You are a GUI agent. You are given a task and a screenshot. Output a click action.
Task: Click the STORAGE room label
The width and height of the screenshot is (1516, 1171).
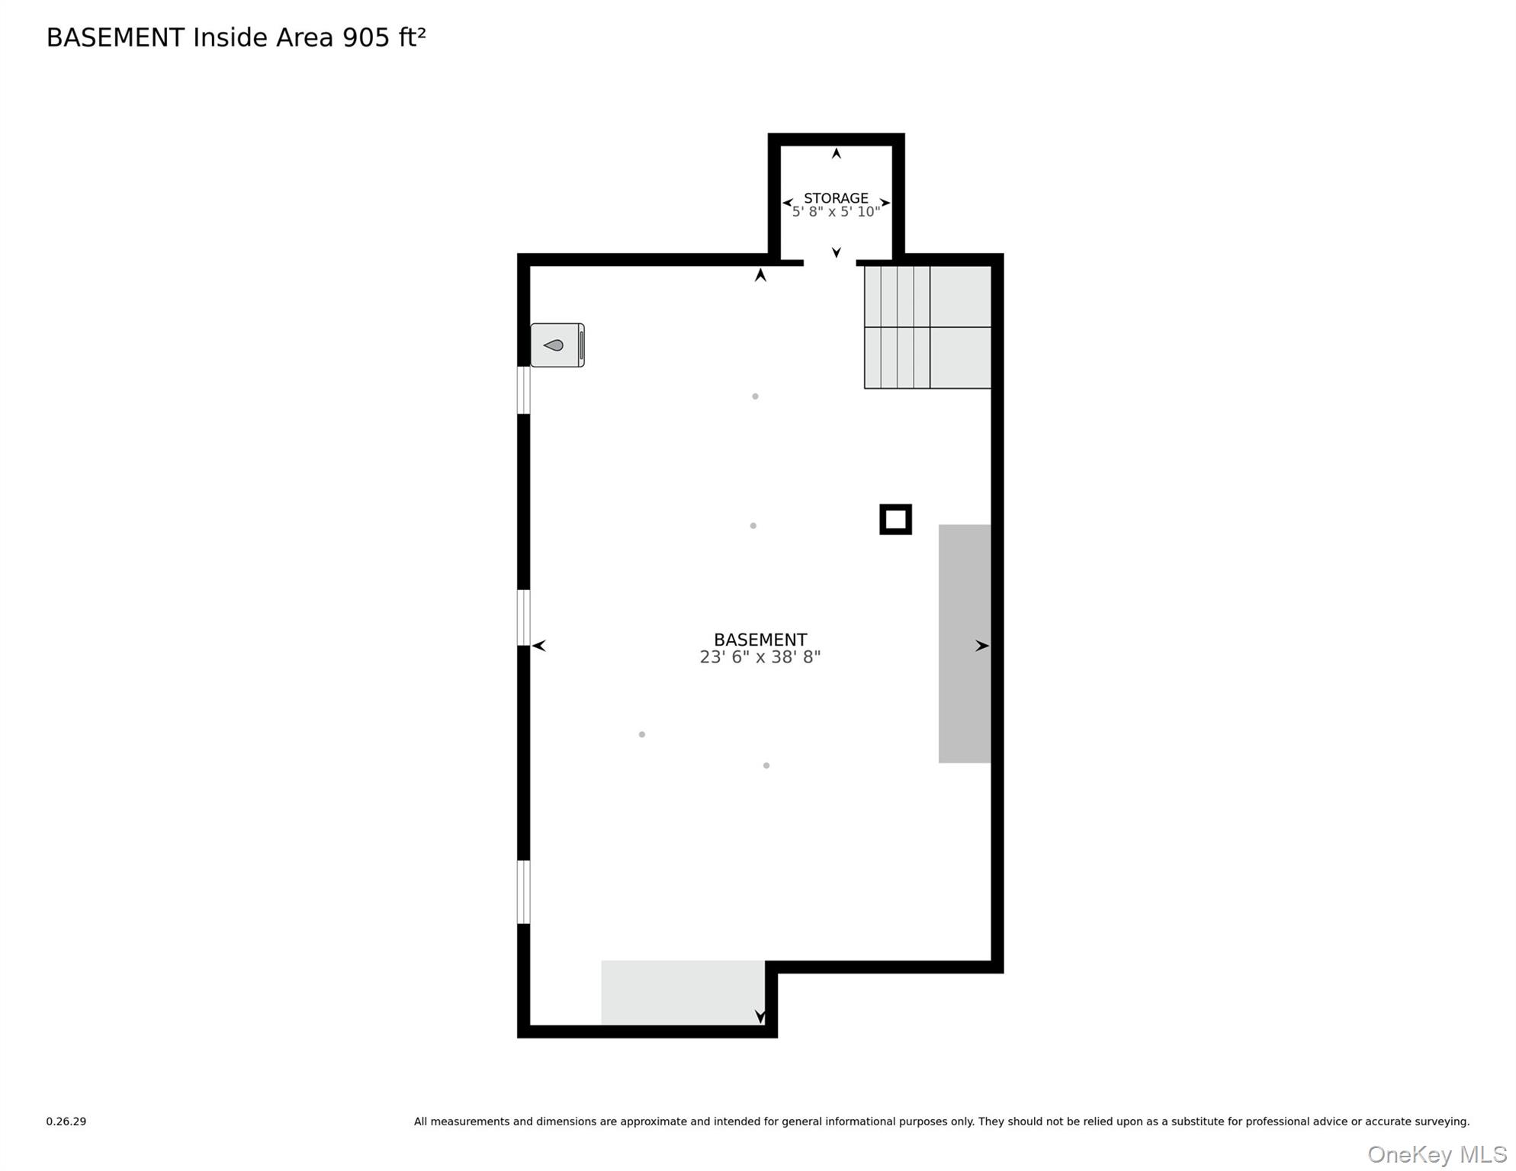tap(836, 198)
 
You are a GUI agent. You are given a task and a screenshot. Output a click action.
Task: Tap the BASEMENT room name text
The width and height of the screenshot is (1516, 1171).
tap(760, 640)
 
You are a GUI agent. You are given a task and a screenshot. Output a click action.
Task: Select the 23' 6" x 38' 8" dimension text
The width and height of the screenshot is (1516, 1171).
tap(760, 657)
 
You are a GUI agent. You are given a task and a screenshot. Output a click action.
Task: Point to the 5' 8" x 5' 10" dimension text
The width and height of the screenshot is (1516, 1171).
tap(836, 212)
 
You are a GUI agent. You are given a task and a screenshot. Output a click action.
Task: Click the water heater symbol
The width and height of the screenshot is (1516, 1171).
tap(557, 345)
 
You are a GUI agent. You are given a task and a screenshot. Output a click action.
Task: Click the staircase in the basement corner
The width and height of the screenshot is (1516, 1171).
tap(927, 327)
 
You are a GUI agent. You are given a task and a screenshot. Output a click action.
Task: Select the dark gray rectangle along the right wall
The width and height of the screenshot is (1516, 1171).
tap(965, 643)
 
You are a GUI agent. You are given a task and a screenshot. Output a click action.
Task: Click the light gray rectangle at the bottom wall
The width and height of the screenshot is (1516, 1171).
tap(683, 993)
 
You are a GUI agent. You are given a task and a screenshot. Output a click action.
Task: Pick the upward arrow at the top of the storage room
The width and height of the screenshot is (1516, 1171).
tap(837, 153)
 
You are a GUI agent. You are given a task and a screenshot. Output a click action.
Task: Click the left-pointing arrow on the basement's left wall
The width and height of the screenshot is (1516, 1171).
tap(539, 646)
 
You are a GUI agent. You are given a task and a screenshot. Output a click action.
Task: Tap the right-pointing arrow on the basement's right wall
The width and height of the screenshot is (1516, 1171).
tap(982, 646)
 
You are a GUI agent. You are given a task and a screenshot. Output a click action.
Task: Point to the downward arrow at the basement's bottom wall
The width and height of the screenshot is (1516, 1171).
tap(760, 1017)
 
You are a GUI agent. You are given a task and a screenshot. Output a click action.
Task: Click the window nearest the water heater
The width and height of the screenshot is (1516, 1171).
tap(524, 390)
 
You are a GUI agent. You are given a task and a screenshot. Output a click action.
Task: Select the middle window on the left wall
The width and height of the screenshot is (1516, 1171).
tap(524, 618)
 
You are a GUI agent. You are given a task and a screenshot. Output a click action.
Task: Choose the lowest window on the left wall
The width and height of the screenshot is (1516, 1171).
tap(524, 892)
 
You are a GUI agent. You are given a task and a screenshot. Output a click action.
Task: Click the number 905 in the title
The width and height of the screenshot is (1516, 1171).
tap(366, 37)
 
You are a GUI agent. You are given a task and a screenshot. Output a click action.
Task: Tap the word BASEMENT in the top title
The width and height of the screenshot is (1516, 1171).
tap(115, 37)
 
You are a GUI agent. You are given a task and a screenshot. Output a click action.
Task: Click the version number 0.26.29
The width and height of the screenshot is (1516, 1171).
tap(66, 1121)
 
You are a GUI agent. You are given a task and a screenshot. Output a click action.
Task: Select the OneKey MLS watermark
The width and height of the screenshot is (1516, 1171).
tap(1437, 1154)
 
